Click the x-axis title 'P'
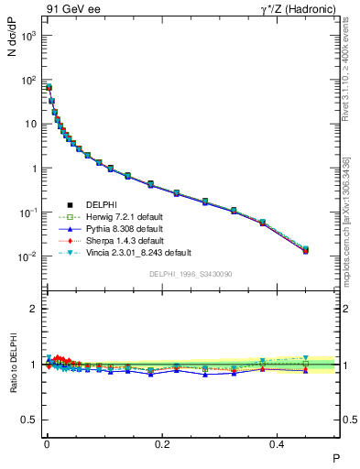(x=335, y=457)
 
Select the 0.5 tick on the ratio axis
(x=31, y=420)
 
